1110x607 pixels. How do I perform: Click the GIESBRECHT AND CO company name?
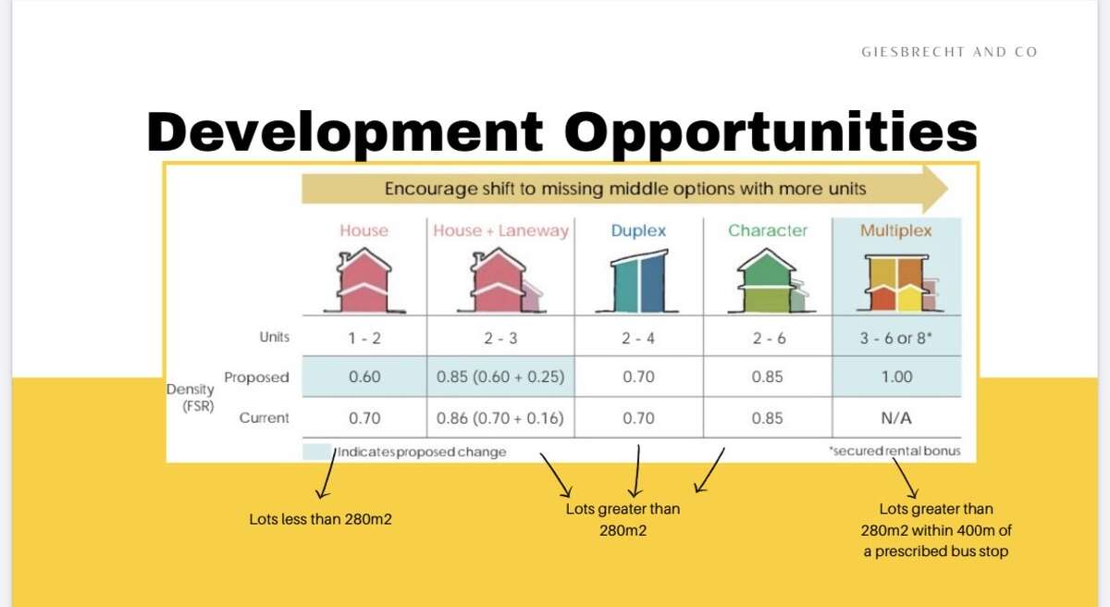(949, 52)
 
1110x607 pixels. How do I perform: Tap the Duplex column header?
(638, 230)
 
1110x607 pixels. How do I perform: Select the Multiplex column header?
(896, 230)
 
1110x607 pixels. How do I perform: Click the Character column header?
(768, 230)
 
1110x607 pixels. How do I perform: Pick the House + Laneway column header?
(500, 230)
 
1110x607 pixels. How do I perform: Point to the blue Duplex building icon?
(637, 281)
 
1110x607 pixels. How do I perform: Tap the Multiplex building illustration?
(899, 282)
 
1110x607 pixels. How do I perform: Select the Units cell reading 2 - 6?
(769, 339)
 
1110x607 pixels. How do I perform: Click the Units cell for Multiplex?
(896, 338)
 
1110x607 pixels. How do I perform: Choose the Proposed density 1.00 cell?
(896, 377)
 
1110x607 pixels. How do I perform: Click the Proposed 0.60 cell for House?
(364, 377)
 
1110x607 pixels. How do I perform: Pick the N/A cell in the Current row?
(896, 418)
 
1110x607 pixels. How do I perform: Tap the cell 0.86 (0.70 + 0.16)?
(500, 418)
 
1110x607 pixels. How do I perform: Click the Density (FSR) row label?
(191, 397)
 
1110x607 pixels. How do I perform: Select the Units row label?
(274, 337)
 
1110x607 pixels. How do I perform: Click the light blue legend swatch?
(317, 452)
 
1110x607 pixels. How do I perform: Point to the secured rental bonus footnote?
(894, 451)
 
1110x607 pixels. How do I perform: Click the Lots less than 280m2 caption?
(320, 519)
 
